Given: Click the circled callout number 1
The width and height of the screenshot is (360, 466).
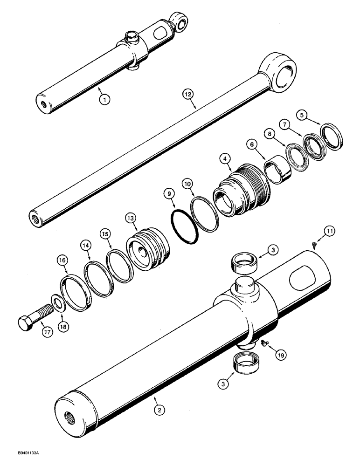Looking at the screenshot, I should pyautogui.click(x=105, y=99).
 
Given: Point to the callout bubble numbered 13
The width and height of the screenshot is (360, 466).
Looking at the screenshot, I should pyautogui.click(x=131, y=218).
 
